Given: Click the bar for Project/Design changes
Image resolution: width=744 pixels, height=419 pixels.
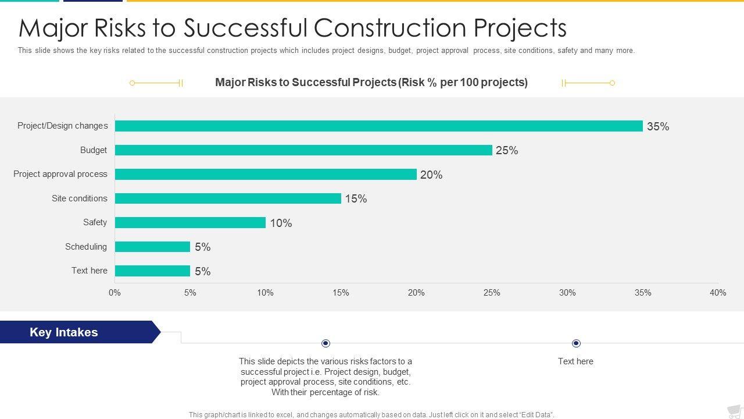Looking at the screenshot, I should [378, 126].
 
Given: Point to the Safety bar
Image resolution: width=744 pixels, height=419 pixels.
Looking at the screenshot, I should [190, 223].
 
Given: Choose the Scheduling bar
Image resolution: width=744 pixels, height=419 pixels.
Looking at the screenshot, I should [152, 247].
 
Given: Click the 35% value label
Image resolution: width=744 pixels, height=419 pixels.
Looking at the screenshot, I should [658, 126].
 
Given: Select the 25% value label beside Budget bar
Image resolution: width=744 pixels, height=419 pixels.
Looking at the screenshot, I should [507, 151].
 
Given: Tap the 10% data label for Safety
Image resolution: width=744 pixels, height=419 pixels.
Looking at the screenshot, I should [281, 223].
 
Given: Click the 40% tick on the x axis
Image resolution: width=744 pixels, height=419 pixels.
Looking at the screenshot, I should [718, 293].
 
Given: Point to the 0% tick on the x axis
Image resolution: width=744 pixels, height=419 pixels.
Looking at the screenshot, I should [115, 293].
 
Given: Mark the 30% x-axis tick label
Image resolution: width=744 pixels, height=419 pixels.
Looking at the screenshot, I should [567, 293].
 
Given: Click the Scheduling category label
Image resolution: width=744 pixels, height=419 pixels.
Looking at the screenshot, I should [86, 247].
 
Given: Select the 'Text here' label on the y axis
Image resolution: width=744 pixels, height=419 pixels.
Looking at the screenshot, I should [90, 271].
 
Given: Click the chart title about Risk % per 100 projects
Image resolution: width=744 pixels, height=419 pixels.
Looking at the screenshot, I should [371, 82].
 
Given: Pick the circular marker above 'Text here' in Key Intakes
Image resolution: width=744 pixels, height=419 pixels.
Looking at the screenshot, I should [576, 343].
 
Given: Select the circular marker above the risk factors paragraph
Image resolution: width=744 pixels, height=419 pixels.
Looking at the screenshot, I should [325, 343].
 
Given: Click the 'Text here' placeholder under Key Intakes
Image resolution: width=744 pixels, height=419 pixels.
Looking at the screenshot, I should [575, 361].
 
